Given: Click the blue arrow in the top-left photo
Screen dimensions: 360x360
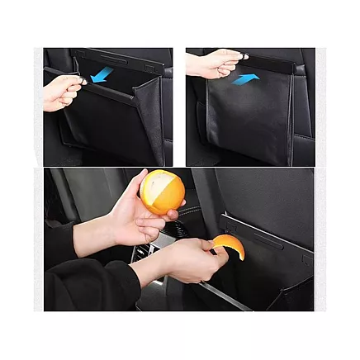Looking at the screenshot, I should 102,75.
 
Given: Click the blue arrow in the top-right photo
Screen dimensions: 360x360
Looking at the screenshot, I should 245,78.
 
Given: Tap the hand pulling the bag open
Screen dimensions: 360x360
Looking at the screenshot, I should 62,92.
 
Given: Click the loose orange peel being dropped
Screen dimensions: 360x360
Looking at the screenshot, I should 229,245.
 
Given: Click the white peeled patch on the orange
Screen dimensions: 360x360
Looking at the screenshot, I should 157,182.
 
